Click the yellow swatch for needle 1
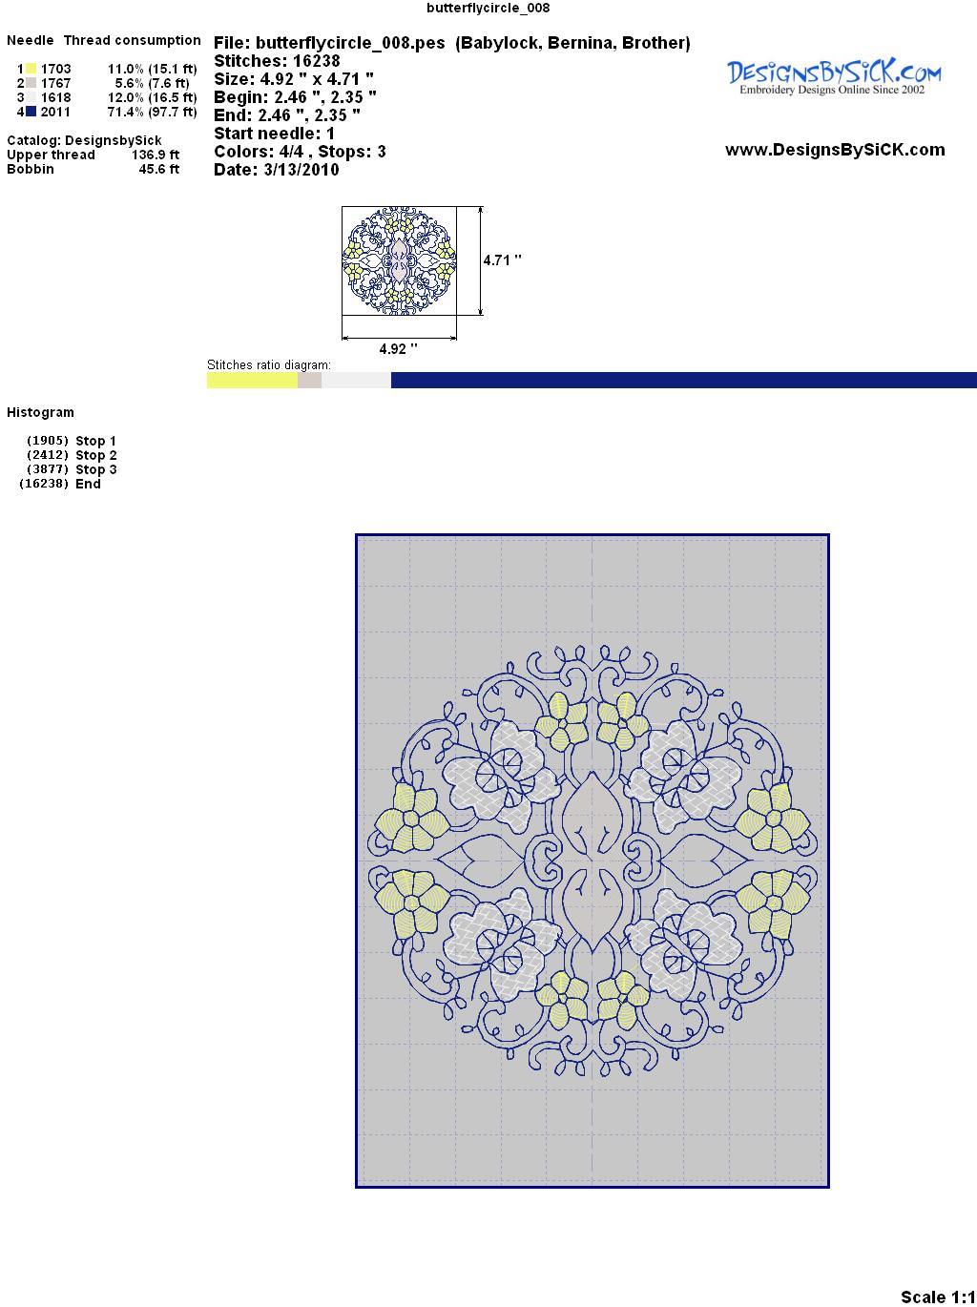pyautogui.click(x=31, y=69)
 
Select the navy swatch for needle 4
pyautogui.click(x=31, y=112)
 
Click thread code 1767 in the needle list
pyautogui.click(x=55, y=83)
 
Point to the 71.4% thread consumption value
pyautogui.click(x=125, y=112)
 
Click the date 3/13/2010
pyautogui.click(x=301, y=170)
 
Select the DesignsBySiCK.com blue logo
pyautogui.click(x=834, y=77)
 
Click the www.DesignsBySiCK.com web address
pyautogui.click(x=835, y=150)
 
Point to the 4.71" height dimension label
pyautogui.click(x=502, y=260)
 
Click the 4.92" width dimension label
pyautogui.click(x=398, y=348)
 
